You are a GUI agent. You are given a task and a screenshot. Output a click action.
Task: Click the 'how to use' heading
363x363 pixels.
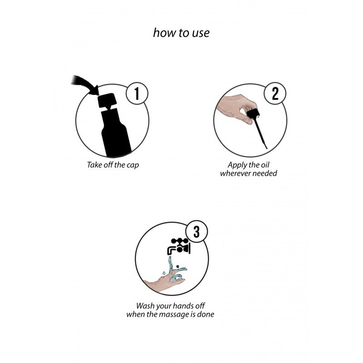point(181,33)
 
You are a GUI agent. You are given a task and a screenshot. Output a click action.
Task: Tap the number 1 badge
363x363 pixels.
point(137,94)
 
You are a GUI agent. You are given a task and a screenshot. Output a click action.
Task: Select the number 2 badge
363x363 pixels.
point(275,93)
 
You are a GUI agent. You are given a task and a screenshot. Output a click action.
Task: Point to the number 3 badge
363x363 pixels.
point(196,231)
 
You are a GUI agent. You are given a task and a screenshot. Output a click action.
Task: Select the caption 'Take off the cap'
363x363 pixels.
point(113,165)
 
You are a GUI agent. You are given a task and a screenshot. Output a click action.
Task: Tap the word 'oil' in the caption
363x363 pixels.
point(265,165)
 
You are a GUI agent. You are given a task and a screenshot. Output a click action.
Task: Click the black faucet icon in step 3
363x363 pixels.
point(179,246)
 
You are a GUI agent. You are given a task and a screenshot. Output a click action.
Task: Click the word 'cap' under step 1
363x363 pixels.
point(132,165)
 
